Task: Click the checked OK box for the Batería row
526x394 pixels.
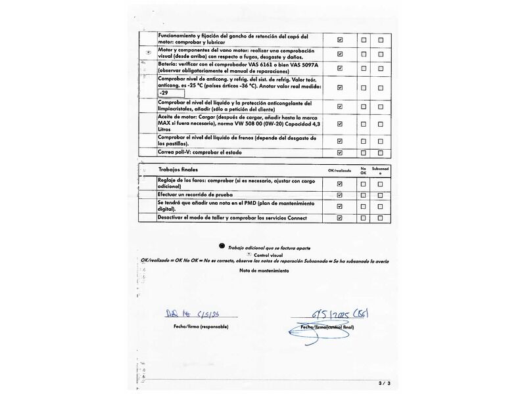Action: click(340, 68)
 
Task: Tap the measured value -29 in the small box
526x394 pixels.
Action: click(164, 93)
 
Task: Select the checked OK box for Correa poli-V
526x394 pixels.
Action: click(340, 153)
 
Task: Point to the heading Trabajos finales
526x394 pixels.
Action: click(178, 169)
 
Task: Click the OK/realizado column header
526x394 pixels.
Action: click(340, 171)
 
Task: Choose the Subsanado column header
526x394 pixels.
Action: click(381, 170)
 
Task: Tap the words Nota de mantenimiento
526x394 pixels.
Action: click(264, 271)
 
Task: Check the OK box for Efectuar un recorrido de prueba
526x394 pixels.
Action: click(340, 195)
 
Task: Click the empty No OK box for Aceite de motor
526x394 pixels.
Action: click(364, 123)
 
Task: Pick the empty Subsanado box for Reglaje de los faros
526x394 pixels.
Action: click(381, 184)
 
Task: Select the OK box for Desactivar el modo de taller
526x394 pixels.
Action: click(340, 217)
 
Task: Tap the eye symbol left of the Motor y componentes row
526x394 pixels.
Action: click(149, 52)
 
